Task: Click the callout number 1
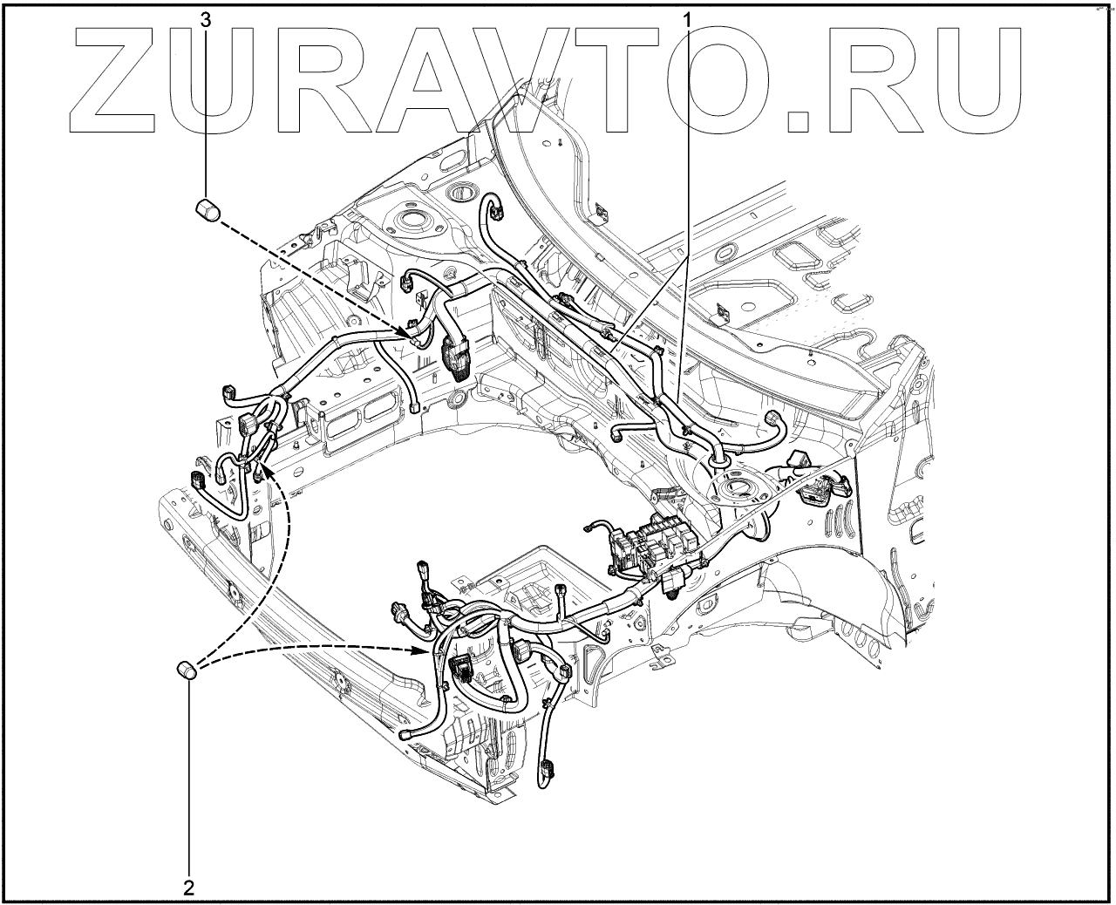pyautogui.click(x=687, y=17)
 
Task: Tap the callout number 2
pyautogui.click(x=188, y=888)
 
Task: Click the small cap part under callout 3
pyautogui.click(x=207, y=210)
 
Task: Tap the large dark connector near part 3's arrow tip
pyautogui.click(x=456, y=357)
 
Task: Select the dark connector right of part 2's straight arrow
pyautogui.click(x=461, y=670)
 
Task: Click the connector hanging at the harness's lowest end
pyautogui.click(x=548, y=770)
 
